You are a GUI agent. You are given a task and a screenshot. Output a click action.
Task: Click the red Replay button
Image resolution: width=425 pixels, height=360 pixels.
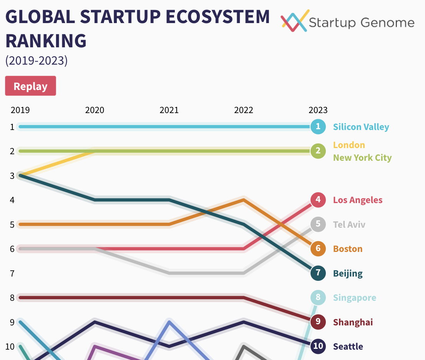30,86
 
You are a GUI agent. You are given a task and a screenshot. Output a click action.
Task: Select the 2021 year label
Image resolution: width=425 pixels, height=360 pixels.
169,110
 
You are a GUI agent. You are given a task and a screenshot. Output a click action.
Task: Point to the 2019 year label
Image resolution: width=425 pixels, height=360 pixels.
20,110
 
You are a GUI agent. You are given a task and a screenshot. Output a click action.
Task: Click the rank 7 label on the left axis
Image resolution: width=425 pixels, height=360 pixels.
12,273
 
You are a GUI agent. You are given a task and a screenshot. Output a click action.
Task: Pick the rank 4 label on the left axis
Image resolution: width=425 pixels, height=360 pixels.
12,200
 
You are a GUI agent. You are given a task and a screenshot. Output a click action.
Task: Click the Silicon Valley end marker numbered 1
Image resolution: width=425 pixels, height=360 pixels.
318,127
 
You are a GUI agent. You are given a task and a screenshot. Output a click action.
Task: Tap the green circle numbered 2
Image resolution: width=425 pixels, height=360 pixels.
318,151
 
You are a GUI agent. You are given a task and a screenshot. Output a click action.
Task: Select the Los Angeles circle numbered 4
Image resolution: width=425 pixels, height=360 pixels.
318,200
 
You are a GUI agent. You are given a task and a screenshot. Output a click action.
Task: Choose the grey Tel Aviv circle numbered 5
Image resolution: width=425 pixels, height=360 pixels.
318,224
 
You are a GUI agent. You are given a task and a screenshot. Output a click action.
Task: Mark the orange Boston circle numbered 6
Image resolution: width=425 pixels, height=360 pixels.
318,248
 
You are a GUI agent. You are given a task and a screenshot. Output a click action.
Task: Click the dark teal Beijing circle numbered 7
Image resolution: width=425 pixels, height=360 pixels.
318,273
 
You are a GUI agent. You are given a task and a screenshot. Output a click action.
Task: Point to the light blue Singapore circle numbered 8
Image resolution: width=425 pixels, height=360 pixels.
318,297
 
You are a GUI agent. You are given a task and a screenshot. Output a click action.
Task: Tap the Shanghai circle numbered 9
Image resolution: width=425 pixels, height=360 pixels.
318,322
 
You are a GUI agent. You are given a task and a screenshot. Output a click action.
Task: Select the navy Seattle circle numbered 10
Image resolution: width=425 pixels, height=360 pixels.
318,346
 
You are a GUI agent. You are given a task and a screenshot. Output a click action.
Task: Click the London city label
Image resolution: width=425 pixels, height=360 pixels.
349,145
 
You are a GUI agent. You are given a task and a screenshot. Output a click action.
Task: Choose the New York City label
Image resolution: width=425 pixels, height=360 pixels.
362,158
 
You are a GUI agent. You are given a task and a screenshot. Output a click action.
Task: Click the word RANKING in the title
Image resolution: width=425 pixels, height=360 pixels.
46,41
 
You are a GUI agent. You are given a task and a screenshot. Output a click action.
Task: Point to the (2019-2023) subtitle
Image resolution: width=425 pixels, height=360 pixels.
37,61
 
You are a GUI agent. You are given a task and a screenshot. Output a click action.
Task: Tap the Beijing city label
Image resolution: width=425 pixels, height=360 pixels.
348,273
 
